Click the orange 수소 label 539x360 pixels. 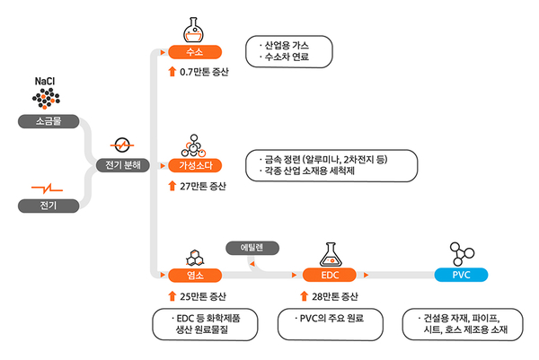click(x=195, y=52)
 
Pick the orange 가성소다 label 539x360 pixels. click(x=195, y=164)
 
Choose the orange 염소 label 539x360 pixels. click(x=195, y=275)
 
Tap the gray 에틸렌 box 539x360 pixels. click(x=253, y=246)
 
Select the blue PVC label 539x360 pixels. click(x=462, y=275)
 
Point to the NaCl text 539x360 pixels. click(x=45, y=81)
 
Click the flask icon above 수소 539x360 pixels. click(x=194, y=28)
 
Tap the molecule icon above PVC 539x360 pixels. click(x=462, y=251)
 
